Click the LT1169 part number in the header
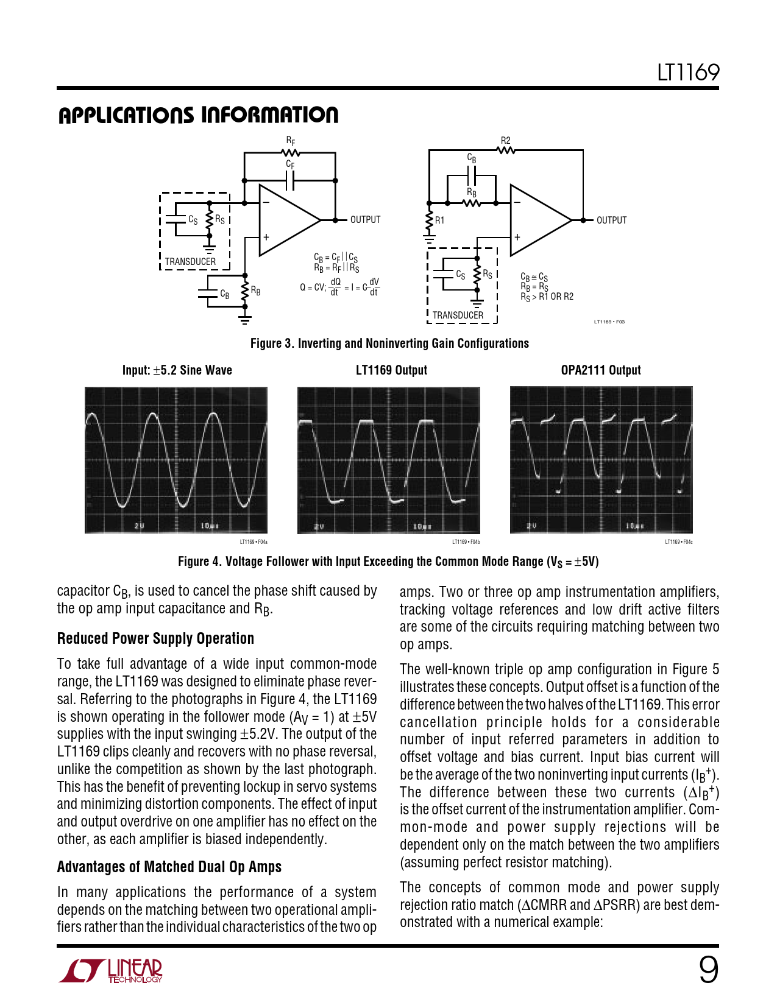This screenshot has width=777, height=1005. click(688, 73)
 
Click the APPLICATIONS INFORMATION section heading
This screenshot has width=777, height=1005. click(198, 115)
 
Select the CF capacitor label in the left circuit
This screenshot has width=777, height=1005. click(290, 164)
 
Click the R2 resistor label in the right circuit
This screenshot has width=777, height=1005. click(505, 141)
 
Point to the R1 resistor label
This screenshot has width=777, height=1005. click(439, 220)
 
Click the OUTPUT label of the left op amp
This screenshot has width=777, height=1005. click(365, 220)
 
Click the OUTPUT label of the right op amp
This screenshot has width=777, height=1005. click(611, 220)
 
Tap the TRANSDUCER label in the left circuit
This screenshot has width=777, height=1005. click(190, 262)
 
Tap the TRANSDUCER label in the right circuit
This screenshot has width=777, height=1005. click(458, 316)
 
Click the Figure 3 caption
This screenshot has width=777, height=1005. click(389, 344)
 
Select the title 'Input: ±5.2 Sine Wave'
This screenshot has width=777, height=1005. click(177, 370)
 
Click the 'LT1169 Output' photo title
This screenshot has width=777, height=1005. click(391, 370)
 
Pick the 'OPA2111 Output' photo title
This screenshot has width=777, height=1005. click(601, 370)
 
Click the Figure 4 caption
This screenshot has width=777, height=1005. click(388, 562)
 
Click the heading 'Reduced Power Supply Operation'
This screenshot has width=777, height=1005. click(155, 638)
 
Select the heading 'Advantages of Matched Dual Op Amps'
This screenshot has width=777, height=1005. click(169, 867)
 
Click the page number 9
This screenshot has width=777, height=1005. click(708, 970)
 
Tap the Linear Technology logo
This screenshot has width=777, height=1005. click(111, 971)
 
